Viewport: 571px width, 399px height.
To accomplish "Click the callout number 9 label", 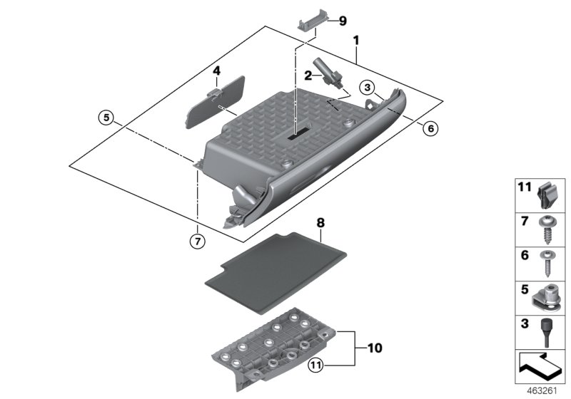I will click(343, 21).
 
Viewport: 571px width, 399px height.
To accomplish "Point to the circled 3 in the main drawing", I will click(365, 87).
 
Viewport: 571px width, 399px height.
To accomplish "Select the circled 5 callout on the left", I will click(106, 118).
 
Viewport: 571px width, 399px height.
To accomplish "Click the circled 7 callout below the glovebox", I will click(196, 241).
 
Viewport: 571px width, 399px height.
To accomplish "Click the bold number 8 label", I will click(320, 223).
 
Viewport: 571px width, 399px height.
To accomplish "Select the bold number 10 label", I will click(375, 348).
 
